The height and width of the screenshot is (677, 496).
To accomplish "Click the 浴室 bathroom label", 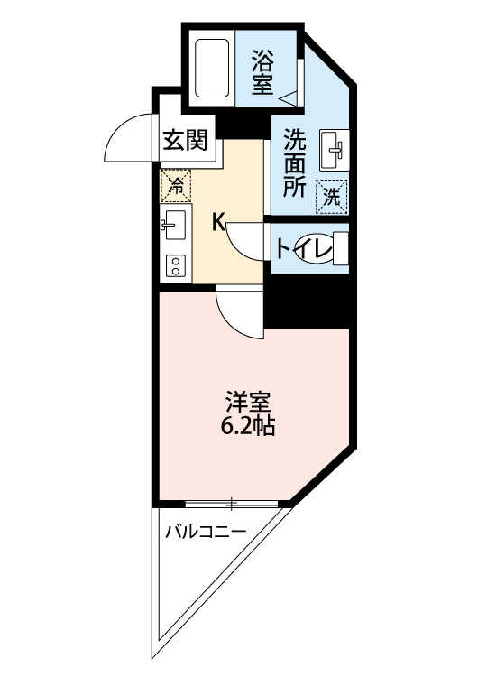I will [263, 71].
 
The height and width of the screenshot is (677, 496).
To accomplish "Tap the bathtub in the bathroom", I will [214, 67].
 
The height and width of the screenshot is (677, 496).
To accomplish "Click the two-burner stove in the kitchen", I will [174, 264].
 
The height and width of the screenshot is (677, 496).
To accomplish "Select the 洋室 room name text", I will [248, 400].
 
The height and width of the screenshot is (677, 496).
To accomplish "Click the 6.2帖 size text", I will [248, 424].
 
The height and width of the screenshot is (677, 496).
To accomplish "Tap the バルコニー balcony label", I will [205, 532].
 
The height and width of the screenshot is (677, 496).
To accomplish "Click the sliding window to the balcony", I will [232, 503].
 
